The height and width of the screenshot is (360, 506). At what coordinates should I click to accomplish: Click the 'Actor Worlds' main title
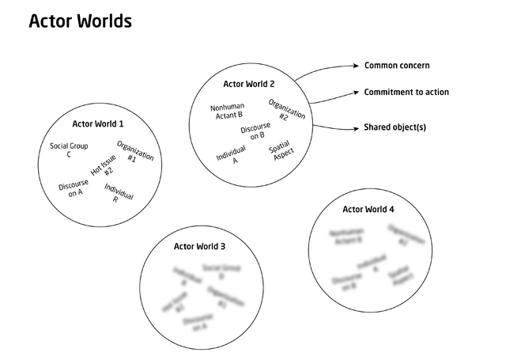[80, 21]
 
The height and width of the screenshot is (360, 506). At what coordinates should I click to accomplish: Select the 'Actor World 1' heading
[98, 123]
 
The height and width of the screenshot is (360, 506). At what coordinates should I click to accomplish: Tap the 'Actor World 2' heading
[249, 83]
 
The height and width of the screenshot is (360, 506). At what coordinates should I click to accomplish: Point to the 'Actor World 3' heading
[199, 247]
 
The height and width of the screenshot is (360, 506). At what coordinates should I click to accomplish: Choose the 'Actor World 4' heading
[368, 210]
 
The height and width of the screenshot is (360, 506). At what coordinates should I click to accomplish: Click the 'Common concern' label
[397, 65]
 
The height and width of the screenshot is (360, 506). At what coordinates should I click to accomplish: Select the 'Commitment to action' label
[406, 93]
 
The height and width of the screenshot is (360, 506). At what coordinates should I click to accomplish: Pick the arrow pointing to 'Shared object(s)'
[332, 125]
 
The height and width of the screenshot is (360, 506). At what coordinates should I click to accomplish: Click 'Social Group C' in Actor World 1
[69, 150]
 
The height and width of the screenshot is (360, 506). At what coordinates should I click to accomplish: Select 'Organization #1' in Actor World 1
[134, 153]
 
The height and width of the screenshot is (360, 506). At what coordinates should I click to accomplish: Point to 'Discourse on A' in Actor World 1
[74, 188]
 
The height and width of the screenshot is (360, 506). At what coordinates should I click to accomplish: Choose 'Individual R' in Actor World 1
[118, 193]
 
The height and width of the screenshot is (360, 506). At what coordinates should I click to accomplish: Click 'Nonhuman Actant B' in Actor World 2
[227, 111]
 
